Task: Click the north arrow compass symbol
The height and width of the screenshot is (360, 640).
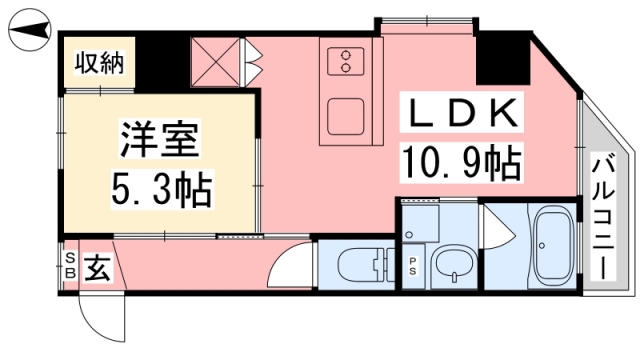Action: (x=29, y=30)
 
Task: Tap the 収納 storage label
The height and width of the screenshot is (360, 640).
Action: (x=99, y=63)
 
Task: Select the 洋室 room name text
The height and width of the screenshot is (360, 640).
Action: (x=160, y=139)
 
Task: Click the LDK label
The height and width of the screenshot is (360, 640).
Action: (x=461, y=112)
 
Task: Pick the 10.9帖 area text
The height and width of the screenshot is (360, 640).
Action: (x=462, y=162)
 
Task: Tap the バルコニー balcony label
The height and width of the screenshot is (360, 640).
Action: (x=603, y=218)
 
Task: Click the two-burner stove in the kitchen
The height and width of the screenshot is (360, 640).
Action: (x=346, y=61)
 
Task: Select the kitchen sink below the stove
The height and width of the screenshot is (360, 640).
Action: (x=346, y=116)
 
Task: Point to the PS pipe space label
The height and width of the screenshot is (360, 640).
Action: (x=413, y=267)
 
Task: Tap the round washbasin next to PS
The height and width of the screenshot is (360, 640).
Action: (x=454, y=265)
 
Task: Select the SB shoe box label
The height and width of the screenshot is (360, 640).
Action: (x=70, y=265)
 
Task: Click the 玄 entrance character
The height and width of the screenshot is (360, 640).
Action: (x=97, y=268)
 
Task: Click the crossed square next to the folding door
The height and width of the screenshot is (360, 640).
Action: (x=215, y=62)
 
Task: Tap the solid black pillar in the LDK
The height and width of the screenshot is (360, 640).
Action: (x=503, y=58)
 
